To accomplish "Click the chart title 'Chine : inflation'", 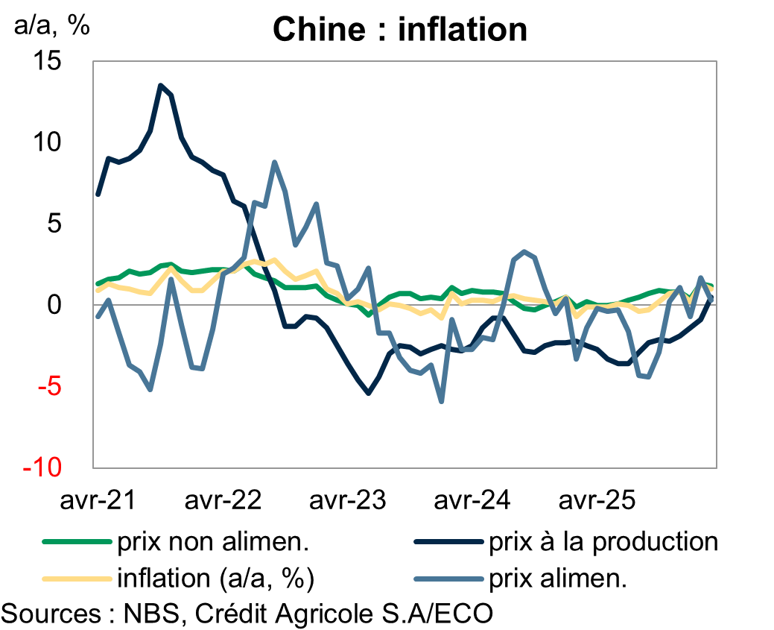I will click(400, 30).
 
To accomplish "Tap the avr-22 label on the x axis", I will click(222, 500).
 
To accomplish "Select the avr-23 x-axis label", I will click(347, 500).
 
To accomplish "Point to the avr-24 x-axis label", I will click(472, 500).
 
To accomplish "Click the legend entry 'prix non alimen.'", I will click(212, 542).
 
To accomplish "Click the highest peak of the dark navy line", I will click(161, 85).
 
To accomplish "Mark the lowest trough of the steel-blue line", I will click(442, 402).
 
